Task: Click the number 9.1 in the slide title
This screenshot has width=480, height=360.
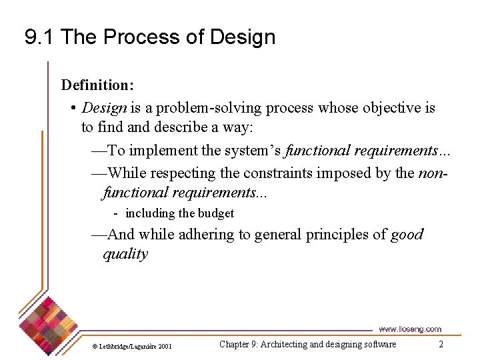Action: [39, 37]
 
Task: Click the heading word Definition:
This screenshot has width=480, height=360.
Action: [97, 85]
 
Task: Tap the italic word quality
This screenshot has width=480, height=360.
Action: [125, 254]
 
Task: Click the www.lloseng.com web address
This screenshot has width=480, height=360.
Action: [409, 329]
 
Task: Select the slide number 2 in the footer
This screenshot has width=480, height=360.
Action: [441, 344]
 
